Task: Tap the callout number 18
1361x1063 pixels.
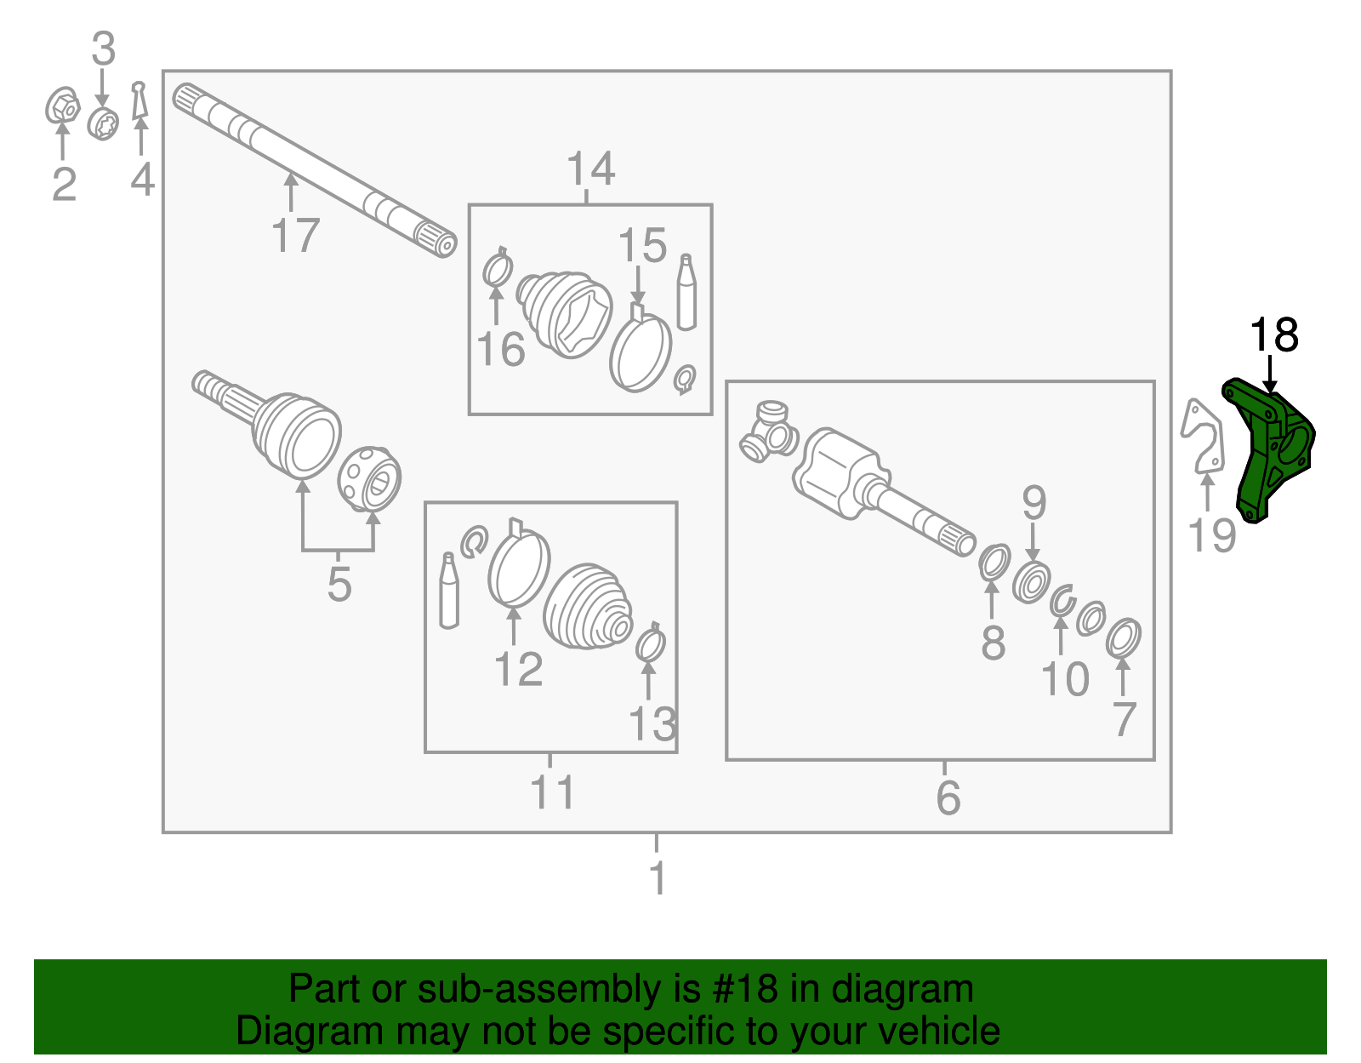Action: pos(1273,335)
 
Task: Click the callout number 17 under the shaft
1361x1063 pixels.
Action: pos(295,236)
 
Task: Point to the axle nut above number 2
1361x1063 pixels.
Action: pos(62,106)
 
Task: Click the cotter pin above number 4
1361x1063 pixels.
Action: pos(140,101)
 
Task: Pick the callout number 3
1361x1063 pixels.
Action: pos(103,49)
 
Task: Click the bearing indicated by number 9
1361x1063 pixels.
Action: pos(1031,583)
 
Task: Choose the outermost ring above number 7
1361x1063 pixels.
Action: pos(1124,638)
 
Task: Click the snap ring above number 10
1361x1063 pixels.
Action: pos(1062,601)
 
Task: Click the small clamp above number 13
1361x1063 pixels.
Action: pos(651,644)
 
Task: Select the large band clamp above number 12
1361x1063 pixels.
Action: pos(518,565)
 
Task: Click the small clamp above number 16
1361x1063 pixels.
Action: pos(497,269)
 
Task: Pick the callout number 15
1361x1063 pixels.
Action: pos(642,246)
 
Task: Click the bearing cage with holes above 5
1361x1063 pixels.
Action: pos(370,479)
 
